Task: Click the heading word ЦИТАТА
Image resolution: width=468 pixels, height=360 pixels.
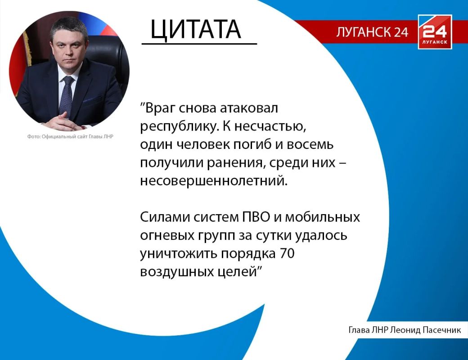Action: pos(195,29)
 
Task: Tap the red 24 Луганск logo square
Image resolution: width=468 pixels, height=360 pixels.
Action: pos(435,31)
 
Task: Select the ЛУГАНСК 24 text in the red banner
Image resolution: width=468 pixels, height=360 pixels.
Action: pos(372,32)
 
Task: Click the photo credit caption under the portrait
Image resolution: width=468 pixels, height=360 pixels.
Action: pos(70,136)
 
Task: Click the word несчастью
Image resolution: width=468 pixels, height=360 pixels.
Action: pos(270,126)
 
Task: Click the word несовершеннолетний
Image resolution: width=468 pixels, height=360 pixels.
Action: pos(214,181)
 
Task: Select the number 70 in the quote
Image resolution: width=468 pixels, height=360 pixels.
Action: pos(288,253)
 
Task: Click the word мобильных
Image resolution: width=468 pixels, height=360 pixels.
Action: pos(322,217)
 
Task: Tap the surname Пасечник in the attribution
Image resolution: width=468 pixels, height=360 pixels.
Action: pos(441,330)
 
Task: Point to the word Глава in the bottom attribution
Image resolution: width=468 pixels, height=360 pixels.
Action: pos(360,330)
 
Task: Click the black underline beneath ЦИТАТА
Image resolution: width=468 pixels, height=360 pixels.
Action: pos(199,44)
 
